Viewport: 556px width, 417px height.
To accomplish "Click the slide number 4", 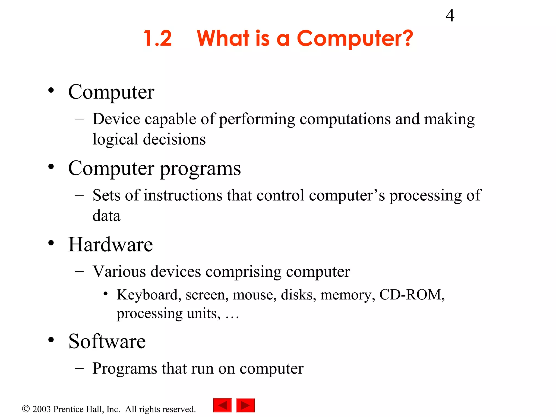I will point(450,15).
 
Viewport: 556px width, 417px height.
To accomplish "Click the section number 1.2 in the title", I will point(158,38).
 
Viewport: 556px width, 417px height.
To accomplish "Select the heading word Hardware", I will point(110,245).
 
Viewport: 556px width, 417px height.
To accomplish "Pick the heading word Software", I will point(107,341).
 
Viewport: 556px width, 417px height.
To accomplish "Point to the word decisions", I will point(174,139).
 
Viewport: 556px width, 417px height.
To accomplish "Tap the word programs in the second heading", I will point(200,169).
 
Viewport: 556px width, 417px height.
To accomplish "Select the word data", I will point(106,216).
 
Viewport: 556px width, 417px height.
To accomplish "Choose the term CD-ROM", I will point(411,295).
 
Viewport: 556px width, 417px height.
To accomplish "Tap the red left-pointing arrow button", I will point(222,406).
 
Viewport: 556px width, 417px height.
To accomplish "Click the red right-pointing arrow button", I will point(245,406).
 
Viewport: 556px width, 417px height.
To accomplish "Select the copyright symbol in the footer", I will point(26,409).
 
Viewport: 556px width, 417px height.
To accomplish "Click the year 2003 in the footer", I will point(42,409).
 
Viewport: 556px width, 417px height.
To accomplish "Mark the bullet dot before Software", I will point(51,340).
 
